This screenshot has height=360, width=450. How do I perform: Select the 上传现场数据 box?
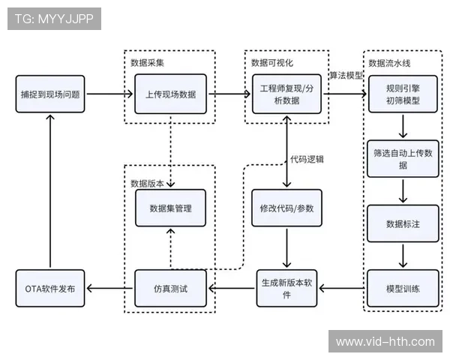170,94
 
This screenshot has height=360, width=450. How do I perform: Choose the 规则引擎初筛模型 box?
403,94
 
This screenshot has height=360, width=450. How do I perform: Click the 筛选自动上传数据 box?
403,158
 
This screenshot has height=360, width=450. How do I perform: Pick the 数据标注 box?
403,223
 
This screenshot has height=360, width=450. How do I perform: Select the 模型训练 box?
403,288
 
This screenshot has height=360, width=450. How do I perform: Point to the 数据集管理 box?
170,208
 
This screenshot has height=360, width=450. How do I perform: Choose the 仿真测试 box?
170,288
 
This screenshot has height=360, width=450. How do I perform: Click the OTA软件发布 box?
50,288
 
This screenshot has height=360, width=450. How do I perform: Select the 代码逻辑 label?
308,159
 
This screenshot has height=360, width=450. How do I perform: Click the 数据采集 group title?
148,61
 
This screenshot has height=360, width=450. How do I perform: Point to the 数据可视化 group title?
272,61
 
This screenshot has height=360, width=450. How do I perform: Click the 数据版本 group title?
148,183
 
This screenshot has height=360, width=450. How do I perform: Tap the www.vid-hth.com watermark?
385,342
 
